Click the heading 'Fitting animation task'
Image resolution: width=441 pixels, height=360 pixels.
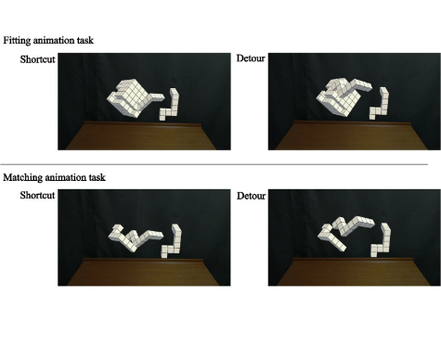pos(48,41)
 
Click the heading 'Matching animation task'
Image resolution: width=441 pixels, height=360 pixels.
pos(55,177)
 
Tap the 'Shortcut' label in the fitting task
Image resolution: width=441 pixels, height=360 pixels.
pos(37,59)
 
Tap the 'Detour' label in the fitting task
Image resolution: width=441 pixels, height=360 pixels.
pos(251,58)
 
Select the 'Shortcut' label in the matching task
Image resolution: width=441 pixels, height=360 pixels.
pos(37,195)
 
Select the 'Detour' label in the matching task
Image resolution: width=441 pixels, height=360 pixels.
pos(251,196)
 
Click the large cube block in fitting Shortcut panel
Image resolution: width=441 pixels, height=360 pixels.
pos(132,98)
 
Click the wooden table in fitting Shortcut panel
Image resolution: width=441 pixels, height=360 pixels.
pos(141,136)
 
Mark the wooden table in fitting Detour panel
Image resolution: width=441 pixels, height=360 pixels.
pos(352,136)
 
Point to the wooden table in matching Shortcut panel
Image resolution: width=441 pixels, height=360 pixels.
pos(143,272)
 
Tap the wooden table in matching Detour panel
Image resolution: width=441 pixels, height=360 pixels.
pos(354,272)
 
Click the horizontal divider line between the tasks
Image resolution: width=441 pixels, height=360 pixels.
pos(214,164)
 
